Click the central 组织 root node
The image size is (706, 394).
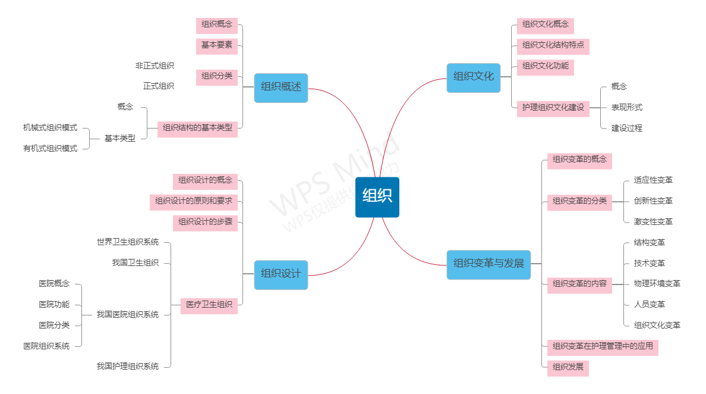[377, 197]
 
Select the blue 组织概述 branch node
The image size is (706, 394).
[281, 87]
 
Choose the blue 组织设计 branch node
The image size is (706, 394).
[281, 274]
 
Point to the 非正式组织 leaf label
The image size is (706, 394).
[155, 66]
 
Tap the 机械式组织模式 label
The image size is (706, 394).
[50, 128]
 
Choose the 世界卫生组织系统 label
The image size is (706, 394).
[128, 242]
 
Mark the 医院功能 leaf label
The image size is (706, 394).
[54, 305]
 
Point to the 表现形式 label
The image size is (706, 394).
[626, 108]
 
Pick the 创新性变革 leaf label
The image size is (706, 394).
[653, 201]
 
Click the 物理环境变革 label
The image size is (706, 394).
[657, 284]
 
